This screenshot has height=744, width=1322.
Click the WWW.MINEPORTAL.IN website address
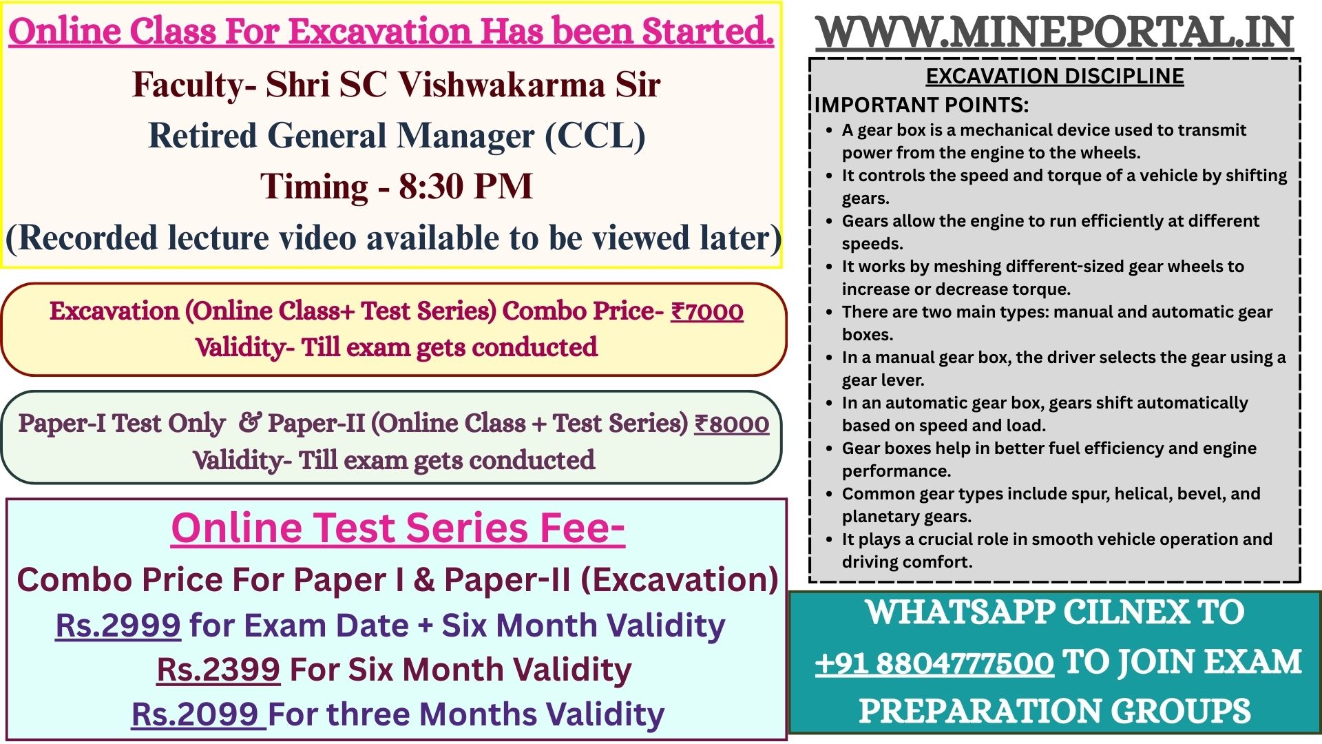(1055, 32)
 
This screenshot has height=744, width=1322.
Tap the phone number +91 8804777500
(934, 663)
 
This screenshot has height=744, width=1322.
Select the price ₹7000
(707, 311)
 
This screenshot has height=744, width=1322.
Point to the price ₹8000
(731, 424)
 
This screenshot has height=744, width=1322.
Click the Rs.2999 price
(118, 626)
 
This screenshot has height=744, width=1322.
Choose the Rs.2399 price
(218, 670)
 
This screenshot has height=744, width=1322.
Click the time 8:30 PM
(465, 186)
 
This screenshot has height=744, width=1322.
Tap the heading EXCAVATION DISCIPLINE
(1055, 76)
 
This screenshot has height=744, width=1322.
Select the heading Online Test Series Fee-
(398, 528)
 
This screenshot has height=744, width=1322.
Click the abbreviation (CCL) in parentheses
(596, 136)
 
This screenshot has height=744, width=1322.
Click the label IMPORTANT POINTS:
(922, 105)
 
